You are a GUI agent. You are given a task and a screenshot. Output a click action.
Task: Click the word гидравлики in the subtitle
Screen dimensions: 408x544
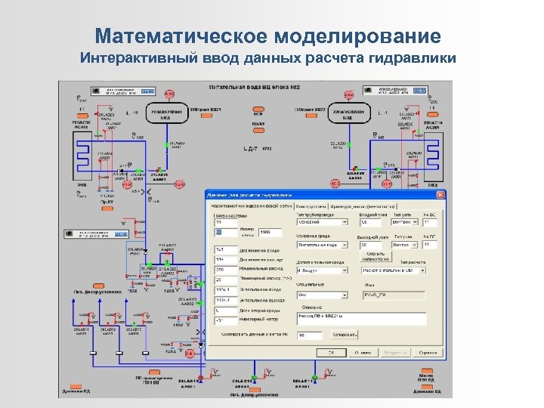413,58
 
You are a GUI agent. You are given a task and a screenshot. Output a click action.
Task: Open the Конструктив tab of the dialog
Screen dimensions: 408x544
311,206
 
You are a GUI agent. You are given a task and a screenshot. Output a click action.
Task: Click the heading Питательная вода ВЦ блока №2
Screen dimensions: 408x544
256,88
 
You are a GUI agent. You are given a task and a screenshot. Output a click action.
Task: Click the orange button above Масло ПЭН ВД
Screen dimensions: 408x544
425,372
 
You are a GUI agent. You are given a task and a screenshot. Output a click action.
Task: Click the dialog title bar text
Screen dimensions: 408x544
249,196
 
